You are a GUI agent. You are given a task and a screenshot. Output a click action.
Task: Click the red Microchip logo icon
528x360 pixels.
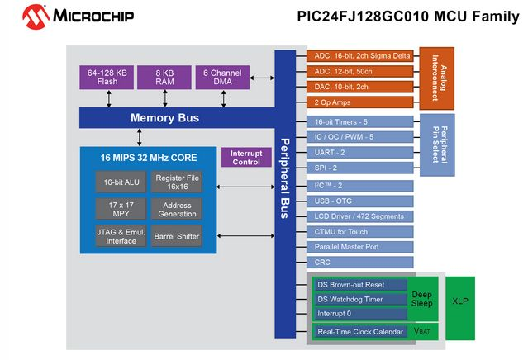35,16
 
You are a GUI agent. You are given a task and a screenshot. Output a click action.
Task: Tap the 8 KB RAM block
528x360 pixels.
164,78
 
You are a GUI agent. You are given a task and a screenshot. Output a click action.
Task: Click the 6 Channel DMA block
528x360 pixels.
222,78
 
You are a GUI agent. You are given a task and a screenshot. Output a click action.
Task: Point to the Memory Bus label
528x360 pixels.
164,118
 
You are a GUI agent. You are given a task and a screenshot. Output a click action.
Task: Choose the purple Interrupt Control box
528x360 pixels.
245,157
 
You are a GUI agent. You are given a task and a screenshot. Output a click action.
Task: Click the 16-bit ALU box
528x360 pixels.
116,181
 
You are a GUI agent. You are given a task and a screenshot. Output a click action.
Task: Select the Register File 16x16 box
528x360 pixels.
177,181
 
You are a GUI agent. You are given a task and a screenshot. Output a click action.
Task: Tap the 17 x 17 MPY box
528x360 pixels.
116,208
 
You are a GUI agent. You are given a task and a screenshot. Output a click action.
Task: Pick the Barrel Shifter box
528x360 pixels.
177,236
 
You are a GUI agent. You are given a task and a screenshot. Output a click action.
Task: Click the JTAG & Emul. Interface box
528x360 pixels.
116,236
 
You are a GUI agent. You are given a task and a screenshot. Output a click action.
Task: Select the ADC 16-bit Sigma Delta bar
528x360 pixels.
361,56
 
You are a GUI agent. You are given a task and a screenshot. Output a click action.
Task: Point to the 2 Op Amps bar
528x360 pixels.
361,102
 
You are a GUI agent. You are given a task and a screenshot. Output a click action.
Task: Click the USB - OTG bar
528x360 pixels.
361,201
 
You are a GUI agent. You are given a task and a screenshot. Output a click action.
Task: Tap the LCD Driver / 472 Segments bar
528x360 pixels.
361,216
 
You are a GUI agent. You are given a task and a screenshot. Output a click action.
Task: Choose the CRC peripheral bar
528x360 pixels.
361,263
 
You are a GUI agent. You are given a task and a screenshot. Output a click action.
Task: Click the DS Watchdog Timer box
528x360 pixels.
360,299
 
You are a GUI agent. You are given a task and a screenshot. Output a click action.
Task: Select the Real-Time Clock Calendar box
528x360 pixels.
360,332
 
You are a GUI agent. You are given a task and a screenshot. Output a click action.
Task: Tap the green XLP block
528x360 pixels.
460,301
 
